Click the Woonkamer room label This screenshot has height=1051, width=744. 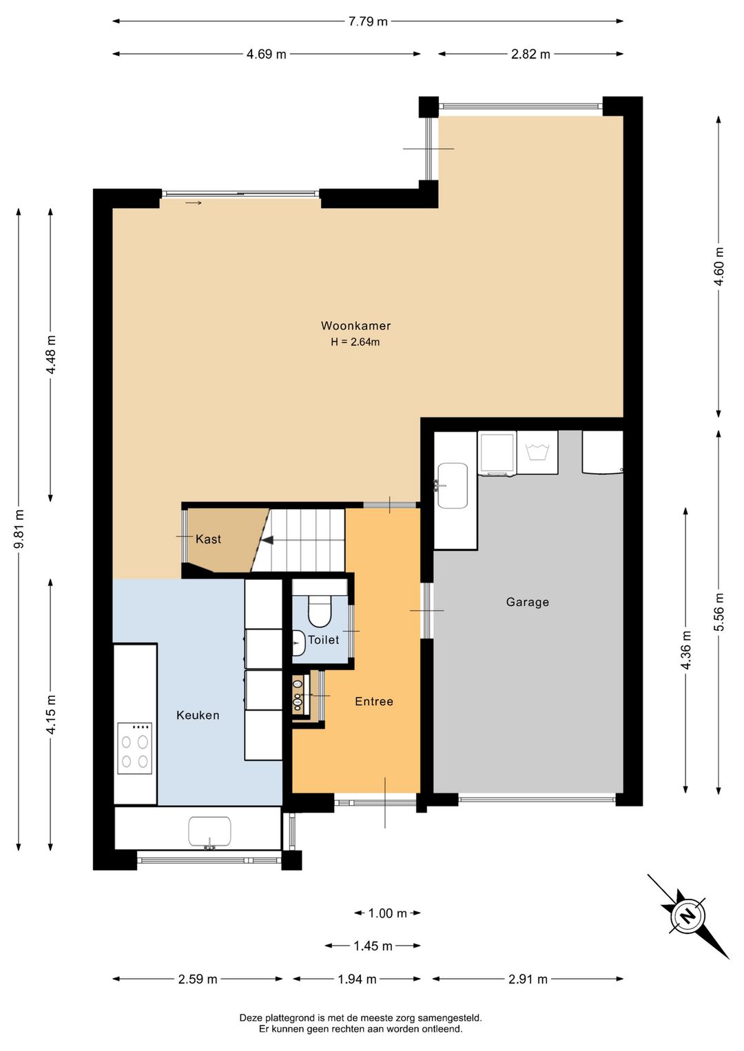355,326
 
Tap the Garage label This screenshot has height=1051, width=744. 527,602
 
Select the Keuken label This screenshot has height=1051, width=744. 198,715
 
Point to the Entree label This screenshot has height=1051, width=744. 373,701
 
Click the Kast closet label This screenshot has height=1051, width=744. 208,539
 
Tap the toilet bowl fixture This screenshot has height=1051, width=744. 320,612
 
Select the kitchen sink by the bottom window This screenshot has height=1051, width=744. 209,833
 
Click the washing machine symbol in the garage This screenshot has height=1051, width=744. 537,452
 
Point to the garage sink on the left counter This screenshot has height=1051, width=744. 452,486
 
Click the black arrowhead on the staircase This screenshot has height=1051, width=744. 267,540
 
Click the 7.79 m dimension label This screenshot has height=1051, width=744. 368,21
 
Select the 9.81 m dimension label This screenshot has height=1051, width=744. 19,528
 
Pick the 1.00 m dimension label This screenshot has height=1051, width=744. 387,913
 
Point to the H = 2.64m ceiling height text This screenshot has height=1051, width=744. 355,342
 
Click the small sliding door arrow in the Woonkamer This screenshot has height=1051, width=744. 194,203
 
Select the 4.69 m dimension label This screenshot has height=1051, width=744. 266,54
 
